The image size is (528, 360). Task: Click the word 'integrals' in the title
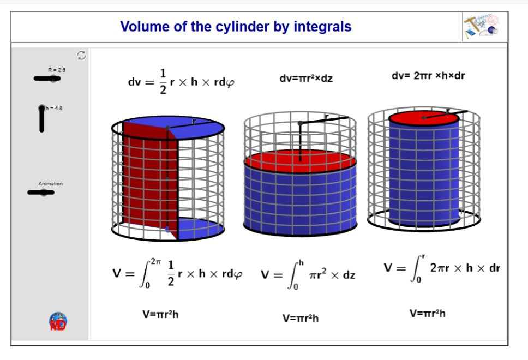click(322, 27)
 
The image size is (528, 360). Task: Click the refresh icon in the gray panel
click(81, 55)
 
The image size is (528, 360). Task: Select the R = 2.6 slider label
click(57, 70)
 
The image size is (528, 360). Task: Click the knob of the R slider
click(53, 79)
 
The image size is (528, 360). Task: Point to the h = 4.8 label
click(54, 109)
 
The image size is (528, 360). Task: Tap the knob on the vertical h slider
click(42, 108)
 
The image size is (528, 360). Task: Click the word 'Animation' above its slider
click(51, 184)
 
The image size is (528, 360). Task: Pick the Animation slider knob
click(44, 193)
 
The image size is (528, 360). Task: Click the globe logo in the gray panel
click(58, 321)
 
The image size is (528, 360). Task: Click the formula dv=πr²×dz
click(306, 79)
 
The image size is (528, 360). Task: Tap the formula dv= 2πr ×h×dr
click(428, 76)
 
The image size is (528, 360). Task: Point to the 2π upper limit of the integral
click(155, 261)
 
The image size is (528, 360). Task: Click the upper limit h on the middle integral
click(301, 263)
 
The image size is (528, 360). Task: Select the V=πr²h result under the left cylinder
click(160, 315)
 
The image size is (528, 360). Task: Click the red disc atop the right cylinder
click(424, 118)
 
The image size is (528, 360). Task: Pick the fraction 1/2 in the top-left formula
click(163, 81)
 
